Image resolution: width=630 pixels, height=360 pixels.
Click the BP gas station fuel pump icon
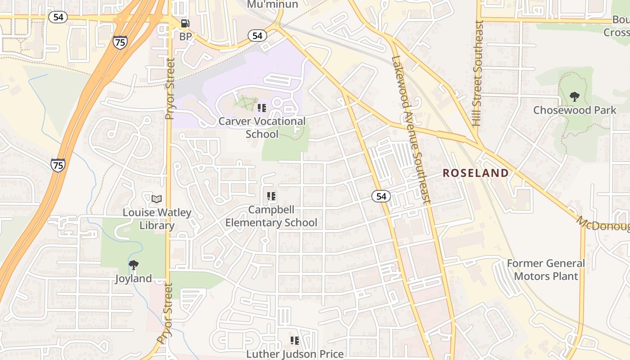coord(185,23)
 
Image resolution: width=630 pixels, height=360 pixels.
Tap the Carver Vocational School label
coord(262,127)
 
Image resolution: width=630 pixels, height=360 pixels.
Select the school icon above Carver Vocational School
coord(261,108)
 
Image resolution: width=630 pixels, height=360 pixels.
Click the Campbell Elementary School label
coord(271,216)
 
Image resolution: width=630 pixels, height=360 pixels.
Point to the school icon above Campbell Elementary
coord(271,196)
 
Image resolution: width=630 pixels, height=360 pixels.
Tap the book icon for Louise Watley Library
coord(157,199)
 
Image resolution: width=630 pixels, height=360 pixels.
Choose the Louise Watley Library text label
coord(157,219)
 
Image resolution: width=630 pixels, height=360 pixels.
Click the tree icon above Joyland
coord(133,265)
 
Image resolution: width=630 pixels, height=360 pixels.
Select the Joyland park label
coord(133,279)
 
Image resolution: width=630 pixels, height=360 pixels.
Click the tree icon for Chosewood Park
coord(574,96)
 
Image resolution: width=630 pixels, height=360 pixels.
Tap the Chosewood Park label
coord(575,110)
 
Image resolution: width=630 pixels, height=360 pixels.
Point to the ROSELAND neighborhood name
coord(476,173)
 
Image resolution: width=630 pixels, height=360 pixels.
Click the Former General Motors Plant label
coord(546,270)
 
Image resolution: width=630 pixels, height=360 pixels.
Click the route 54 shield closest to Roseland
coord(381,196)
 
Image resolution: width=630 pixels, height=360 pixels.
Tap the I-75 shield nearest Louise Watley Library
coord(58,165)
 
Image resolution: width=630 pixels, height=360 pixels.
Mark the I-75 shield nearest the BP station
coord(120,42)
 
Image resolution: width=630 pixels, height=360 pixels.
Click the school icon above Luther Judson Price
coord(294,341)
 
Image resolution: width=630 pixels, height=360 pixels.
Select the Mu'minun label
coord(273,4)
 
